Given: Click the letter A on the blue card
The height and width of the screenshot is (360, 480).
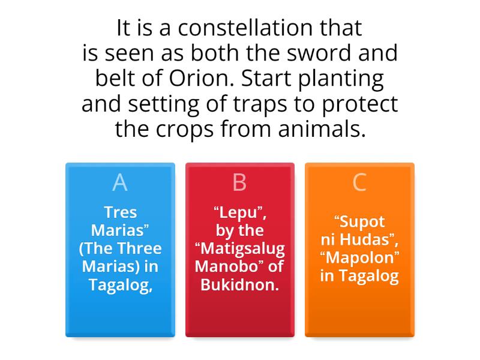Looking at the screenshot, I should tap(120, 182).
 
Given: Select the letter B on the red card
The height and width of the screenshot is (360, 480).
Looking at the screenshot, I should tap(239, 182).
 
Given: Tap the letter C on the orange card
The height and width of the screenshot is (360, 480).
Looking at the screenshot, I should tap(359, 182).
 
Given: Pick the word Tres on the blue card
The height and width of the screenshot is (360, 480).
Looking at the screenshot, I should tap(120, 212).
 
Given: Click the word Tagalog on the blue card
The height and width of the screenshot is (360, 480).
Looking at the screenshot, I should tap(120, 284).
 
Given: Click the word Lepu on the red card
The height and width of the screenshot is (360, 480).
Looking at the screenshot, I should tap(240, 212).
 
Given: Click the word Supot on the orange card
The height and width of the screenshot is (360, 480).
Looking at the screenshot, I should tap(359, 221).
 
